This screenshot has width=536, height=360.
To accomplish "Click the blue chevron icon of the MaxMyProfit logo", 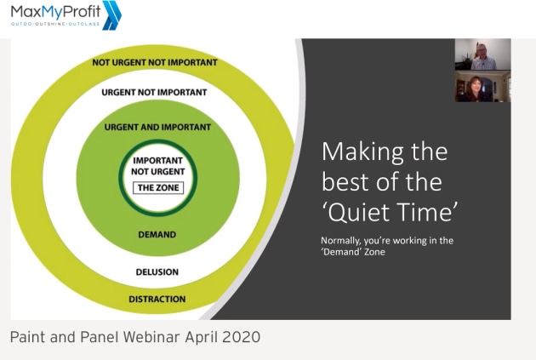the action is pyautogui.click(x=111, y=15).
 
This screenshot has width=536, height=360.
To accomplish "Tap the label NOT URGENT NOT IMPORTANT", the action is pyautogui.click(x=155, y=63).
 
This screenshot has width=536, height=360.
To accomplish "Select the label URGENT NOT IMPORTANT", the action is pyautogui.click(x=154, y=92).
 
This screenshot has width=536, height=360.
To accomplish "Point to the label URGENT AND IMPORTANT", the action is pyautogui.click(x=157, y=127).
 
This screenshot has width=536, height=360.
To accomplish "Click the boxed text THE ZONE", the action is pyautogui.click(x=158, y=188).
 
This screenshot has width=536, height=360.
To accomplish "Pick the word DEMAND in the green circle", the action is pyautogui.click(x=157, y=235).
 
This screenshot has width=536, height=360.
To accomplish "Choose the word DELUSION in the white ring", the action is pyautogui.click(x=157, y=272).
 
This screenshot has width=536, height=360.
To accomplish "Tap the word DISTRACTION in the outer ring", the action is pyautogui.click(x=157, y=299).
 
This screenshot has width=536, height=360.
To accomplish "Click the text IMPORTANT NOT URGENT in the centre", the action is pyautogui.click(x=158, y=166).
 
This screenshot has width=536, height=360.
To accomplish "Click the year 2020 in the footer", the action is pyautogui.click(x=242, y=337).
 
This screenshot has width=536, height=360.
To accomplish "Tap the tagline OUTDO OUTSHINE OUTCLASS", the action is pyautogui.click(x=55, y=25).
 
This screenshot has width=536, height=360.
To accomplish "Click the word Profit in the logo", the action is pyautogui.click(x=82, y=11).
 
